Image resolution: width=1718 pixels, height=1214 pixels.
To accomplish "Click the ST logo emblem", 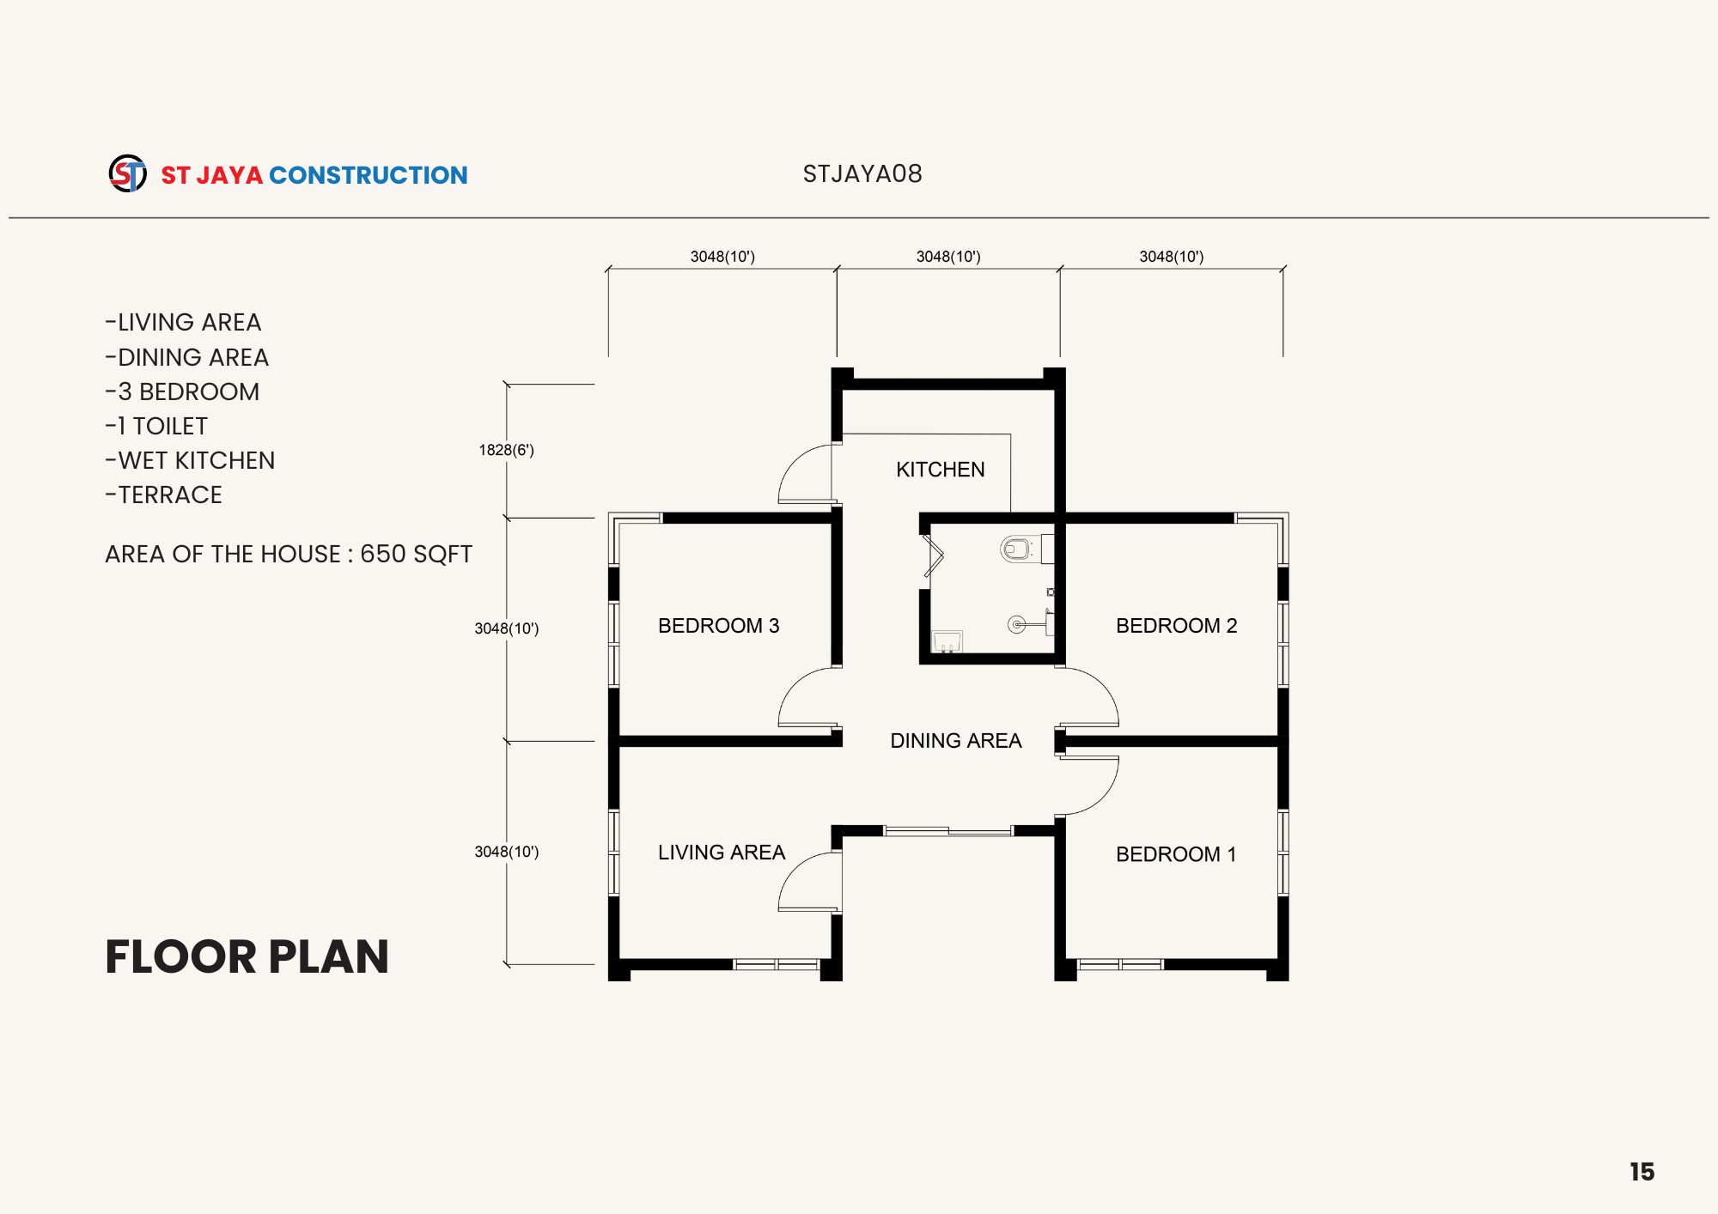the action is point(127,173).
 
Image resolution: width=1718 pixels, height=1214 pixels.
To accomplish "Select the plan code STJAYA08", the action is point(862,174).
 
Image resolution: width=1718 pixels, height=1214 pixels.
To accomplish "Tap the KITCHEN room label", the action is point(941,470).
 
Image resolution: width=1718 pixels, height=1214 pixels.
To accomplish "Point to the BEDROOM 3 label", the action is point(719,626).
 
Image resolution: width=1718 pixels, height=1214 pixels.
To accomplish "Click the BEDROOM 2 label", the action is point(1177,626).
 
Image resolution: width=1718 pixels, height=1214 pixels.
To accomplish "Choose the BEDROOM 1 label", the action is point(1176,854).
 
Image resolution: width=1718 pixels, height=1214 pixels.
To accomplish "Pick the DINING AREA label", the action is point(956,741).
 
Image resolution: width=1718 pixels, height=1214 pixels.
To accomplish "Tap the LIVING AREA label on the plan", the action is point(722,853).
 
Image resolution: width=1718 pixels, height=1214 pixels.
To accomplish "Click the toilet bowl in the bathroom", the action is point(1015,548).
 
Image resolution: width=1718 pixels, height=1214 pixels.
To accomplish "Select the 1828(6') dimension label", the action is point(506,450).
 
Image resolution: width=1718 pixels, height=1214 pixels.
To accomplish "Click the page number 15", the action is point(1642,1172).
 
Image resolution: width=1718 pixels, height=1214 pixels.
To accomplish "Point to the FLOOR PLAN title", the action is point(247,956).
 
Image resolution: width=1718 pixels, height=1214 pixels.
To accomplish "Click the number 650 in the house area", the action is point(383,554).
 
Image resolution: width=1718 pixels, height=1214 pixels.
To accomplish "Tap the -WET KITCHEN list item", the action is point(190,460).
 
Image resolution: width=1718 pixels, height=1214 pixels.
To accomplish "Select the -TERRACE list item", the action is point(163,495).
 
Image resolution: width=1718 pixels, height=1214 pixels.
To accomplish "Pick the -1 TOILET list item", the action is point(156,426).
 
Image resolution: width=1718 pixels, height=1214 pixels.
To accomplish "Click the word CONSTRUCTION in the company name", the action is point(369,175).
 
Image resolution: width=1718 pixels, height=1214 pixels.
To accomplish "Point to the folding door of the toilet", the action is point(933,556).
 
